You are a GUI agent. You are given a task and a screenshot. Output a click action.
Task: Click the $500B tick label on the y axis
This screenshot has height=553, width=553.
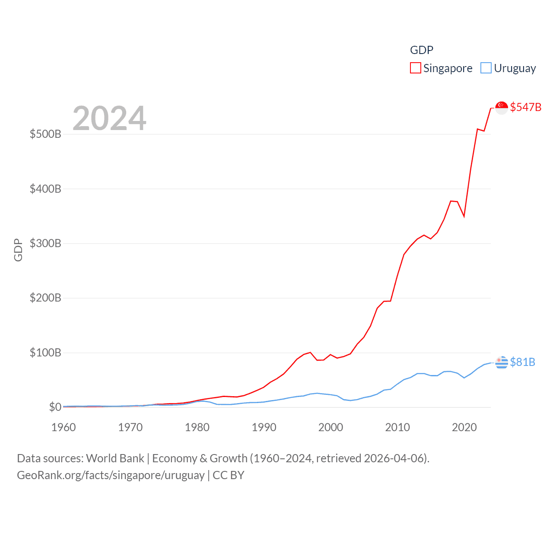click(45, 134)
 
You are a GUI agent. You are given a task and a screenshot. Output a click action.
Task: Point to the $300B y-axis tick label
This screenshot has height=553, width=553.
click(45, 243)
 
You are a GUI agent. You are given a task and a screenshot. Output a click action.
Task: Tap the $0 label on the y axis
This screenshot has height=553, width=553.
click(55, 407)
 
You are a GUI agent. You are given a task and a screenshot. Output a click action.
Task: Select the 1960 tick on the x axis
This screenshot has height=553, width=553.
click(64, 427)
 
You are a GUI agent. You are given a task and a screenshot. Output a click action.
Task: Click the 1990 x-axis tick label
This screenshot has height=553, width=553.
click(264, 427)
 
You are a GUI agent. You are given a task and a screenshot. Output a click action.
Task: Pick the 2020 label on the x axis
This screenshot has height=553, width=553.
click(464, 427)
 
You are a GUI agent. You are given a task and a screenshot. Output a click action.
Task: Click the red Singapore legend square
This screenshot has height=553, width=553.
click(416, 68)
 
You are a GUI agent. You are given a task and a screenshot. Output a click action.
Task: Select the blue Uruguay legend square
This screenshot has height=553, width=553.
click(486, 68)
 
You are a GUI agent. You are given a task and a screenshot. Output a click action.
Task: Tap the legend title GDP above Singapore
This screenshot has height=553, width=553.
click(422, 50)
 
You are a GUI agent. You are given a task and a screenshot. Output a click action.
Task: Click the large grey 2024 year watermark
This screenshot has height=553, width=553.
click(109, 118)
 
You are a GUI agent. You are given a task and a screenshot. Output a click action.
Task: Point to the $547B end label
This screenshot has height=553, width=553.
click(526, 107)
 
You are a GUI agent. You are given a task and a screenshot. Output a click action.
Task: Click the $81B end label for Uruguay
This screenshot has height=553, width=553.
click(523, 362)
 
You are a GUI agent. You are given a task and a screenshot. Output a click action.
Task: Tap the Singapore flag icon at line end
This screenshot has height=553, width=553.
click(502, 108)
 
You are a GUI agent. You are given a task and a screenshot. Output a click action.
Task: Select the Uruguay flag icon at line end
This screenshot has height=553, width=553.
click(502, 362)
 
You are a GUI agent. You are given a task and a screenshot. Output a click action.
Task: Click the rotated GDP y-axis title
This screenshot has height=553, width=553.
click(18, 250)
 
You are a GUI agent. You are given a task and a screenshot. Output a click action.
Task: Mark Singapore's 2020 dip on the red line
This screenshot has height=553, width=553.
click(464, 216)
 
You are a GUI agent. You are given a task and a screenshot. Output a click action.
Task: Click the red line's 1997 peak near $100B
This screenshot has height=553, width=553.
click(310, 353)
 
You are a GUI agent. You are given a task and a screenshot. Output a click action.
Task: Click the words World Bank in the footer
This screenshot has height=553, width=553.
click(115, 458)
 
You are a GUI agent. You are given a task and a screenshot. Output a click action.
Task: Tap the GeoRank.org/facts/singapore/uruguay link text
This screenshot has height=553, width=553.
click(111, 475)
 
